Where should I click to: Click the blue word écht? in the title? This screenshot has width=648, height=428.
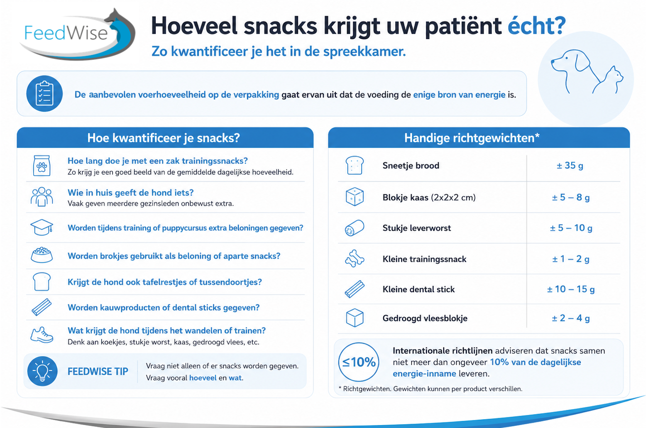point(537,26)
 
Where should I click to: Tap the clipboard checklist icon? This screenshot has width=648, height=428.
point(44,93)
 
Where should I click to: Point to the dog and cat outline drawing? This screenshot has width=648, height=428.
point(587,72)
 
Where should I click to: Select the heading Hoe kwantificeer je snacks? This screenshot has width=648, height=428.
point(164,138)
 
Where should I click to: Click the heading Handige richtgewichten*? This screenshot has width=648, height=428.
point(472,138)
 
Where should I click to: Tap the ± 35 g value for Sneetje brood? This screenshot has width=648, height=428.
point(570,166)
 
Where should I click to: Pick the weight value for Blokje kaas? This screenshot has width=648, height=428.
point(570,197)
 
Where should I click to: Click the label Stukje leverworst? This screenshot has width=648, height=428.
point(417,228)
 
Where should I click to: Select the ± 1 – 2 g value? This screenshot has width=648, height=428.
point(570,259)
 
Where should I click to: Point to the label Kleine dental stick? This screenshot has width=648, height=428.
point(418,289)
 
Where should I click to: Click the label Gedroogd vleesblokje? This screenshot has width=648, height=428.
point(425,318)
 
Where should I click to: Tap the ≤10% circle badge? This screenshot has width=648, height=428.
point(359,362)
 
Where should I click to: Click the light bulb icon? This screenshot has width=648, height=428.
point(42,371)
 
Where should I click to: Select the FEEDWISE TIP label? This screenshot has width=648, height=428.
point(98,372)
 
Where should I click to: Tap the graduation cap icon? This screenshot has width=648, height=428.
point(42,227)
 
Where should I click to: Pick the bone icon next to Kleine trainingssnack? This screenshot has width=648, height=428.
point(355,259)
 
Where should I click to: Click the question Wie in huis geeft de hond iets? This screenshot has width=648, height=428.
point(130,193)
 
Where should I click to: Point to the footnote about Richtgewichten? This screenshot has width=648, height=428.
point(430,389)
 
